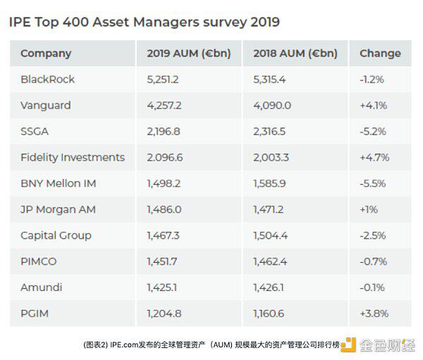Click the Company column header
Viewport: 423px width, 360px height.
point(46,54)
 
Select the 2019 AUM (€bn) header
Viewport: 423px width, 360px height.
point(188,53)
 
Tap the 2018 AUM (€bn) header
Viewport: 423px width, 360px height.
point(295,53)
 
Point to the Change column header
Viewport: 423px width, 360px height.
point(380,53)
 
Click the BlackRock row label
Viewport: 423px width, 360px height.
point(47,80)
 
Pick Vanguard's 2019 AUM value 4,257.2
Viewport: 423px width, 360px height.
point(164,106)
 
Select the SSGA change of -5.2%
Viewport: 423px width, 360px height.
point(373,132)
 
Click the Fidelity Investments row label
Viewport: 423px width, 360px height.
point(73,158)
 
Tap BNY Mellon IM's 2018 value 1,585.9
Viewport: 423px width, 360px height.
point(269,184)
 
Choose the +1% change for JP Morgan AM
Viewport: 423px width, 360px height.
point(369,209)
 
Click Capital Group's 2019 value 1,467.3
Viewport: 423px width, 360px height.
point(163,236)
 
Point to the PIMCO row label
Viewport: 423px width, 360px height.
point(39,261)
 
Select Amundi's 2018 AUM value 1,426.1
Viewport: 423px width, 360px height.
point(269,287)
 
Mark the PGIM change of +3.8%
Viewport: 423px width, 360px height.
point(374,314)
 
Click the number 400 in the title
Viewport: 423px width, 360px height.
point(75,22)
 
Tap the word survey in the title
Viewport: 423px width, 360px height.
point(225,23)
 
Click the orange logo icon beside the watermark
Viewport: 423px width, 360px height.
point(348,345)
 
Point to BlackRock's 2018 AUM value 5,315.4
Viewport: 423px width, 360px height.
point(269,80)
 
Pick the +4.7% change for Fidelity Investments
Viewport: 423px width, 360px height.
point(374,158)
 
